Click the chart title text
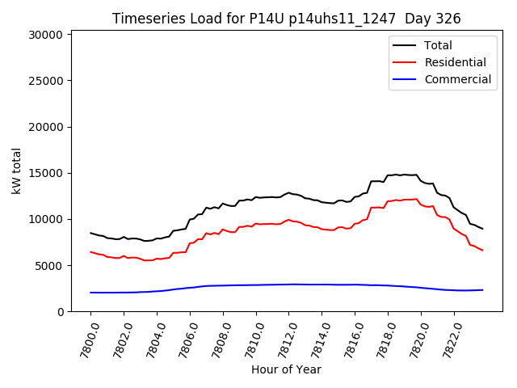[285, 19]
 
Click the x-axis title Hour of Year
[285, 369]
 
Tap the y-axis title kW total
[17, 171]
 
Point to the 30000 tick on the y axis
[45, 35]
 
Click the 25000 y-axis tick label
[45, 81]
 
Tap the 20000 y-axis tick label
[45, 127]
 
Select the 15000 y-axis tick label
[45, 173]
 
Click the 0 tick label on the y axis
[61, 312]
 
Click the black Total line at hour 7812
[288, 193]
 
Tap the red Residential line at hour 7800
[91, 251]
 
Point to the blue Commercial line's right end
[482, 289]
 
